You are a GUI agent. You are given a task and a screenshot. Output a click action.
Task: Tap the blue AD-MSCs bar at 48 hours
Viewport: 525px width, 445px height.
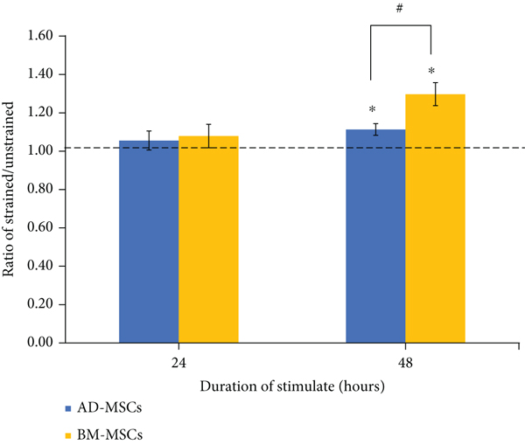tap(375, 236)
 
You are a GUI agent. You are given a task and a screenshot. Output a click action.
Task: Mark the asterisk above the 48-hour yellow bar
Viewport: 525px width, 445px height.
tap(431, 73)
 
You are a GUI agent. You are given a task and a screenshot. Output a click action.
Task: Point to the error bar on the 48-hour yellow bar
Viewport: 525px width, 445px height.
tap(435, 94)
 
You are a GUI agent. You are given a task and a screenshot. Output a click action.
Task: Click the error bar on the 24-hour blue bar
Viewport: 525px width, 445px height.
tap(149, 140)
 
